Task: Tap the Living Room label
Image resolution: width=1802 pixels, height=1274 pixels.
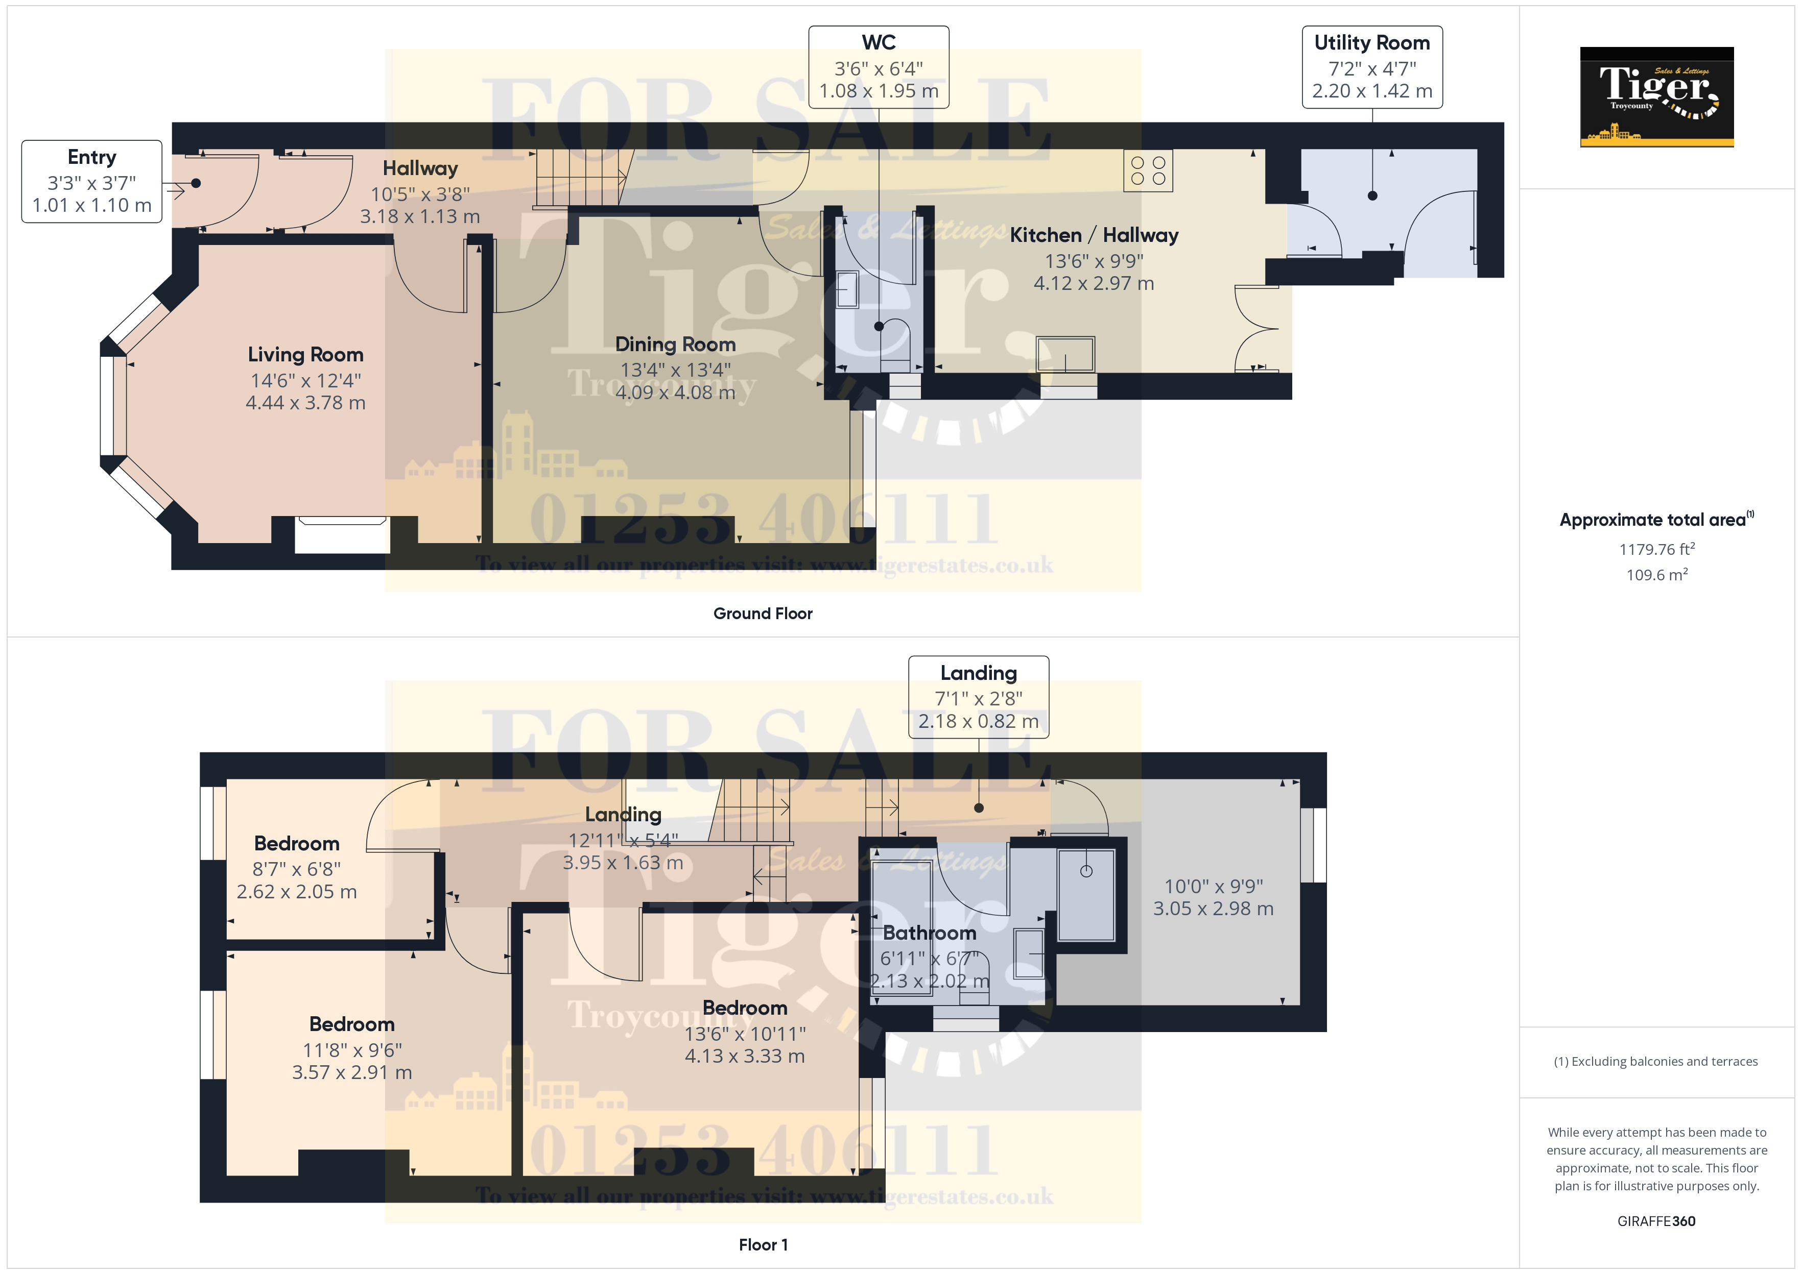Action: (x=305, y=355)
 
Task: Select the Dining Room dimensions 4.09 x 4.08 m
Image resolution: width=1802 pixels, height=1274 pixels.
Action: (x=675, y=392)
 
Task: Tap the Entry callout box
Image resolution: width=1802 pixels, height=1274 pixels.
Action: (x=92, y=181)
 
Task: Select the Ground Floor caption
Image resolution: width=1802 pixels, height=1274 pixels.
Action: (x=762, y=614)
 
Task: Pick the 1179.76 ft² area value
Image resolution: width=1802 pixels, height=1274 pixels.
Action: (x=1656, y=549)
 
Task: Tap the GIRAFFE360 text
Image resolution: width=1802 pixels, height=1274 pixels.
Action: (x=1656, y=1220)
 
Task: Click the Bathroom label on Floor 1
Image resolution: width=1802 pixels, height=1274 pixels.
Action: (x=929, y=933)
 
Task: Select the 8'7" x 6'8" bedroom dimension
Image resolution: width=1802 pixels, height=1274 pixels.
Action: (x=297, y=869)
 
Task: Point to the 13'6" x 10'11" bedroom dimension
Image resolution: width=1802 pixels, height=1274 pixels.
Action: (x=744, y=1034)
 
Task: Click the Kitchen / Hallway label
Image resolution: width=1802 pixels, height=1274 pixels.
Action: (x=1093, y=235)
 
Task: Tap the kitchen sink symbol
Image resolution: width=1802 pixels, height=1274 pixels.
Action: (x=1065, y=355)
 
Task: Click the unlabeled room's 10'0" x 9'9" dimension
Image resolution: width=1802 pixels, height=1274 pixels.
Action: (x=1214, y=887)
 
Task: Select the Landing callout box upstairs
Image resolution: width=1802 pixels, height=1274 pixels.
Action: (x=978, y=697)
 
